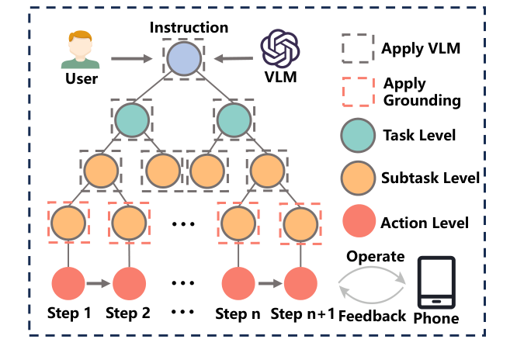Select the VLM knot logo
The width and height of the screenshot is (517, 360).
pos(281,49)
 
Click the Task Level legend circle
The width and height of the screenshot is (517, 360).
pos(358,136)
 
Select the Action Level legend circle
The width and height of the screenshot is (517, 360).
pos(358,223)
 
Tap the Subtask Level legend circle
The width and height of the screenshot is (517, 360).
pos(358,179)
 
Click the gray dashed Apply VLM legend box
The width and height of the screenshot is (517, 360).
pos(357,49)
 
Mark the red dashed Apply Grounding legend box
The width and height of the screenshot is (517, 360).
pos(357,92)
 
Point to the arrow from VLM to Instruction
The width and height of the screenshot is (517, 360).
pos(234,57)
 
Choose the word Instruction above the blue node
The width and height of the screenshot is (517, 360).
pos(189,28)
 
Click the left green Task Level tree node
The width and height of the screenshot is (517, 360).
pos(131,119)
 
